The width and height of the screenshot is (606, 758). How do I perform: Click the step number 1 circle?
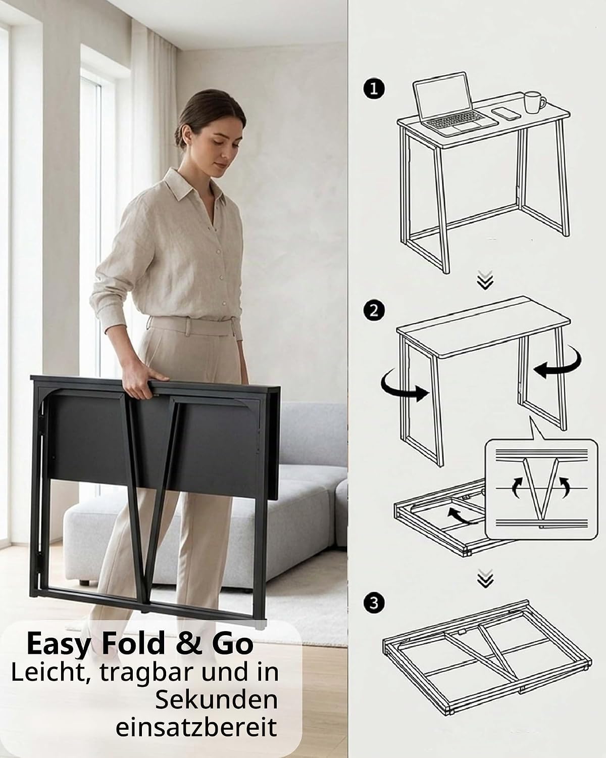pos(374,88)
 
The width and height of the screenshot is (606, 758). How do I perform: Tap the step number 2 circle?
pos(374,310)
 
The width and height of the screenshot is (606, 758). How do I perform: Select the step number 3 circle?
pos(374,603)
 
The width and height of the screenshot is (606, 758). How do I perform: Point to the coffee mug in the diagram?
pos(534,102)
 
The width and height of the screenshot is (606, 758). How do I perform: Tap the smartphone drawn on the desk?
pos(506,114)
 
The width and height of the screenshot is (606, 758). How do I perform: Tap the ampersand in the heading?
pos(188,643)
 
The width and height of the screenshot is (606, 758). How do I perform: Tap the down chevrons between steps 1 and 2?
pos(485,280)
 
